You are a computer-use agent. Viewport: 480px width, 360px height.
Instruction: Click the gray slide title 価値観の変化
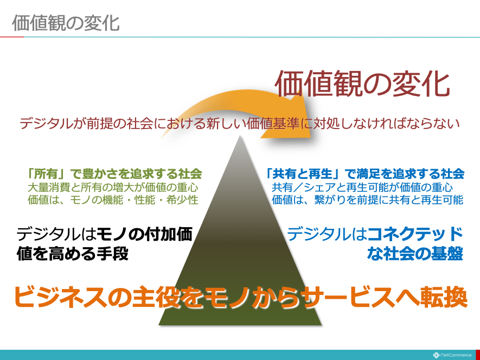tap(66, 23)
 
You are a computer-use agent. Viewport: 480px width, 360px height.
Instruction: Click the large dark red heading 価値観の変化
tap(363, 84)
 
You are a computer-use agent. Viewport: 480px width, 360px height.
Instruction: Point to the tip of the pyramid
tap(240, 137)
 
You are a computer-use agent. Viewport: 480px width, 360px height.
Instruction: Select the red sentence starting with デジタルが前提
tap(240, 124)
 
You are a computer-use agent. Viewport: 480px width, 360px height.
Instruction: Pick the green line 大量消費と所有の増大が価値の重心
tap(113, 187)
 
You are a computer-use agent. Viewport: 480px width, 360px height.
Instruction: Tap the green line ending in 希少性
tap(113, 200)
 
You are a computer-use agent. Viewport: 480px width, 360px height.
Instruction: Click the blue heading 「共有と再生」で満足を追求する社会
tap(364, 173)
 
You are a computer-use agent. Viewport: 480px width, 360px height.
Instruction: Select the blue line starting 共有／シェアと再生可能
tap(362, 187)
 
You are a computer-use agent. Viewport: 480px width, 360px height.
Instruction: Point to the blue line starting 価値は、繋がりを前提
tap(367, 200)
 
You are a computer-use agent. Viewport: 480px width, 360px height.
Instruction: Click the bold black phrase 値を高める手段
tap(73, 254)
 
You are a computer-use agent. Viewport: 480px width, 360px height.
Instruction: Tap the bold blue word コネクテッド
tap(415, 234)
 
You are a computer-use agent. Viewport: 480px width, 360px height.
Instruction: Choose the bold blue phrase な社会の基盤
tap(415, 254)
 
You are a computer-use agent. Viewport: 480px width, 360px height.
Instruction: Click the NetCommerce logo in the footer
tap(452, 355)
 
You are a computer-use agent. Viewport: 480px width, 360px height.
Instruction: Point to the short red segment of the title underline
tap(12, 37)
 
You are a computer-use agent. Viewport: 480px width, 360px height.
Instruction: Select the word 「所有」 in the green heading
tap(47, 173)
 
